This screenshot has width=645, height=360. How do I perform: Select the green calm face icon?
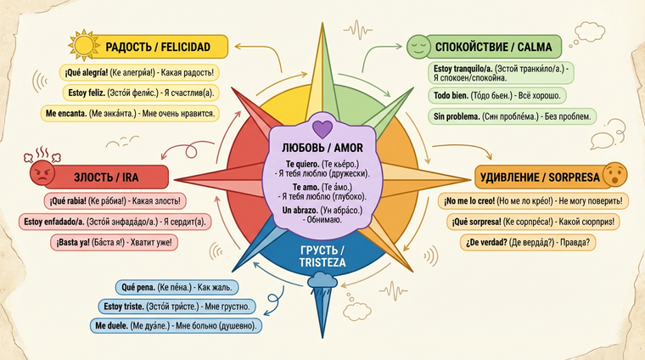pos(418,47)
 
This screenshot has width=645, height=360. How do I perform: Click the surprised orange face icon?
pos(615,176)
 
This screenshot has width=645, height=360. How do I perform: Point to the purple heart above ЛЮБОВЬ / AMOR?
pos(320,129)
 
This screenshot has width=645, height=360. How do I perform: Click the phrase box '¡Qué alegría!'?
pos(139,73)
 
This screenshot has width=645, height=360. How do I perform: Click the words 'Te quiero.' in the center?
pos(320,164)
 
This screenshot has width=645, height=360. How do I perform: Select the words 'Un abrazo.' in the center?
pos(320,210)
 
